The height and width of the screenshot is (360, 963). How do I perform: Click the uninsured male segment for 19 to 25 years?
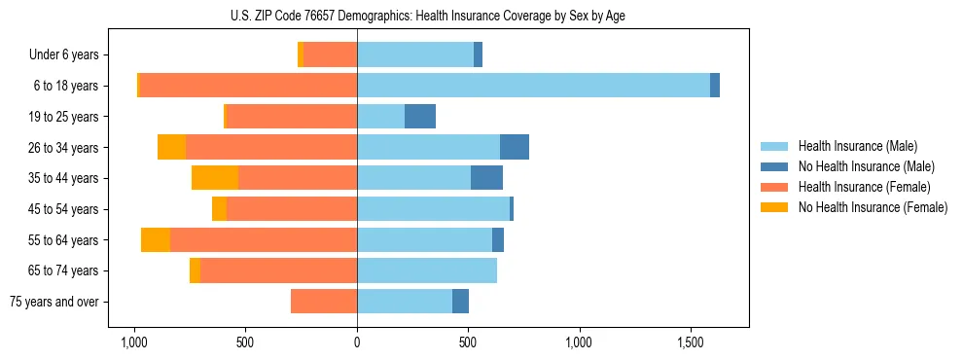(420, 117)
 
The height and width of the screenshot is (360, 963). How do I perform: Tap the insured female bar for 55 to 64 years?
(264, 240)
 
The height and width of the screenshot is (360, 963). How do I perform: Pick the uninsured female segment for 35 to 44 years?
(215, 178)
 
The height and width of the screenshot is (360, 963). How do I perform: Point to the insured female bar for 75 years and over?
(324, 302)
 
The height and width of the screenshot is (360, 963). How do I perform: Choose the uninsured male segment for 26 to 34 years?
(515, 147)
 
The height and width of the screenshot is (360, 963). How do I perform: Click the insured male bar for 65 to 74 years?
(427, 270)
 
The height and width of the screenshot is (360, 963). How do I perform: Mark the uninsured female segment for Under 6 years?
(301, 54)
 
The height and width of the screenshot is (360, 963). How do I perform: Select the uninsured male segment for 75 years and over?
(460, 302)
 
